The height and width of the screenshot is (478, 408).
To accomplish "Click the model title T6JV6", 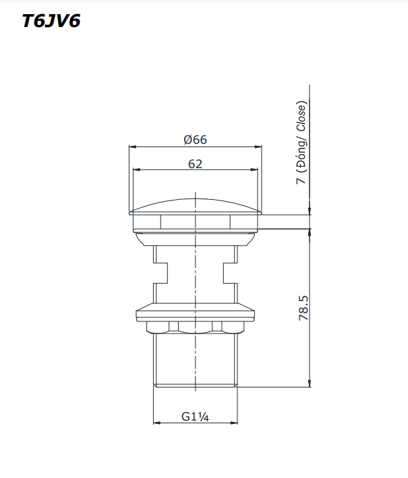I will pos(51,22).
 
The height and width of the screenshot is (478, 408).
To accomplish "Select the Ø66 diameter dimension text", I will pos(196,140).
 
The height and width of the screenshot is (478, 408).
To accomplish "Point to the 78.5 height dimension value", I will pos(303,307).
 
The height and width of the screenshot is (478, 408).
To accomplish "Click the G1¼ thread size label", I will pos(196,417).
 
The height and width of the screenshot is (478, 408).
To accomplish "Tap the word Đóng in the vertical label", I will pos(301,153).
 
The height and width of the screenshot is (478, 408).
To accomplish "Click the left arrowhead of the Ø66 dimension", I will pos(132,147).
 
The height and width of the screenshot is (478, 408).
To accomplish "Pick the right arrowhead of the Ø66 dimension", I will pos(259,147).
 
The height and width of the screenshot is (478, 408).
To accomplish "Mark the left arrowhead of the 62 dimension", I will pos(135,169).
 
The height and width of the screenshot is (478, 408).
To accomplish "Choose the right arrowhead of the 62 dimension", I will pos(256,169).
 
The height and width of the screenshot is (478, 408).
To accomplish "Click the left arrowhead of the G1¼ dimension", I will pos(157,423).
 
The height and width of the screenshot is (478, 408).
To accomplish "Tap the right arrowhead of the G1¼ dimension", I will pos(234,423).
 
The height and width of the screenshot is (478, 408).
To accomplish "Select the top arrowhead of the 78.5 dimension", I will pos(310,230).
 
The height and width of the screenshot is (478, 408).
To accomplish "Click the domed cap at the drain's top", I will pos(196,205).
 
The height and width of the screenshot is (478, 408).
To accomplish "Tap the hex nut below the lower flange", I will pos(196,327).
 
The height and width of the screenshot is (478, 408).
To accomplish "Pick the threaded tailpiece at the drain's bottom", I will pos(196,361).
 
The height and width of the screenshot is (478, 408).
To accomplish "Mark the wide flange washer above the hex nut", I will pos(196,314).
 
